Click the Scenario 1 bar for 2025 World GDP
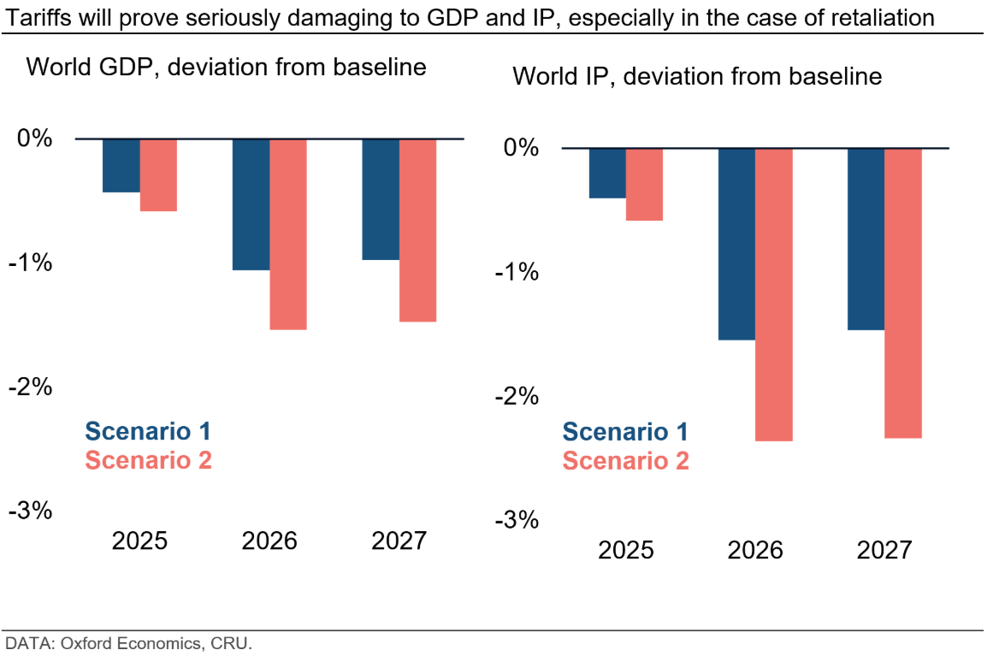coord(121,165)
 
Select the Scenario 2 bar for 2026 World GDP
coord(288,233)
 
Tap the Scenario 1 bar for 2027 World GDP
coord(381,198)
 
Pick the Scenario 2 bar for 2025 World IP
coord(644,184)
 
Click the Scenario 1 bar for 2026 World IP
coord(736,244)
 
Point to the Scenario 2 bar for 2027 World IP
coord(902,293)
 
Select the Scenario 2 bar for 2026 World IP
coord(773,294)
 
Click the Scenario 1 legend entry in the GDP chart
coord(147,431)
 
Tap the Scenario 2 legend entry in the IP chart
coord(625,461)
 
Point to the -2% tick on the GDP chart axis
coord(31,387)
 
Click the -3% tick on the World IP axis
coord(517,519)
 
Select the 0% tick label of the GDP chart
coord(35,139)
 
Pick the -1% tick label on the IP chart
coord(517,272)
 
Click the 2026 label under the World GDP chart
coord(269,541)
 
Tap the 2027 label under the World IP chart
coord(884,549)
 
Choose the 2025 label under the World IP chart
coord(625,549)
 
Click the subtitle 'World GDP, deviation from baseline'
coord(227,67)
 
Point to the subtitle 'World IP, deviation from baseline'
coord(697,76)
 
